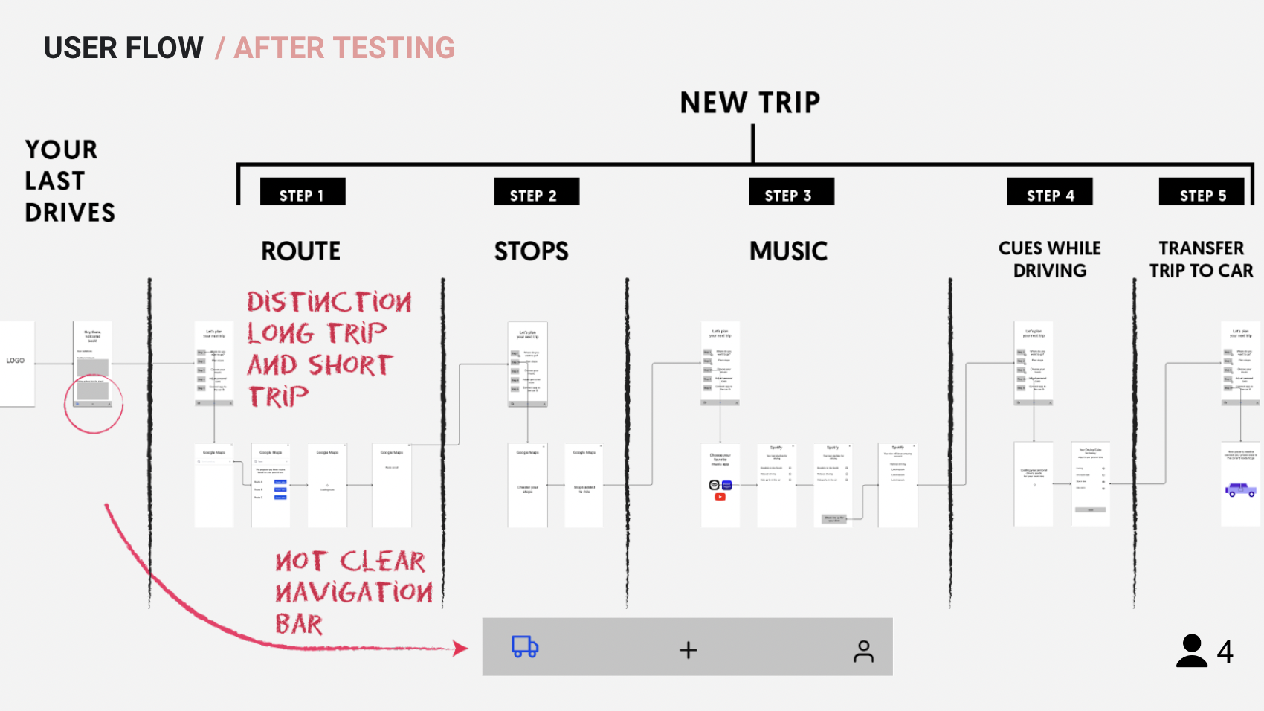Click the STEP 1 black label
pyautogui.click(x=302, y=193)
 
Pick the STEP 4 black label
pyautogui.click(x=1050, y=193)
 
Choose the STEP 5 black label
pyautogui.click(x=1202, y=193)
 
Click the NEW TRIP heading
pyautogui.click(x=750, y=103)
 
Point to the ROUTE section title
pyautogui.click(x=300, y=251)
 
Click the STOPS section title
pyautogui.click(x=532, y=251)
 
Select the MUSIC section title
pyautogui.click(x=788, y=251)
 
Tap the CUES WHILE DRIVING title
pyautogui.click(x=1050, y=259)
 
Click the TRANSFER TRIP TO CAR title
pyautogui.click(x=1201, y=259)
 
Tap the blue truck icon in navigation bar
pyautogui.click(x=525, y=647)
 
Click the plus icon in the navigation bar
pyautogui.click(x=689, y=650)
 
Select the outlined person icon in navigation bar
pyautogui.click(x=863, y=651)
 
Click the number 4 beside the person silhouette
pyautogui.click(x=1225, y=652)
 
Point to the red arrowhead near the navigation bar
pyautogui.click(x=461, y=649)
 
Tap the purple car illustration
pyautogui.click(x=1240, y=489)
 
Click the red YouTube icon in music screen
pyautogui.click(x=720, y=497)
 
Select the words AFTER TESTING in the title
pyautogui.click(x=344, y=48)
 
